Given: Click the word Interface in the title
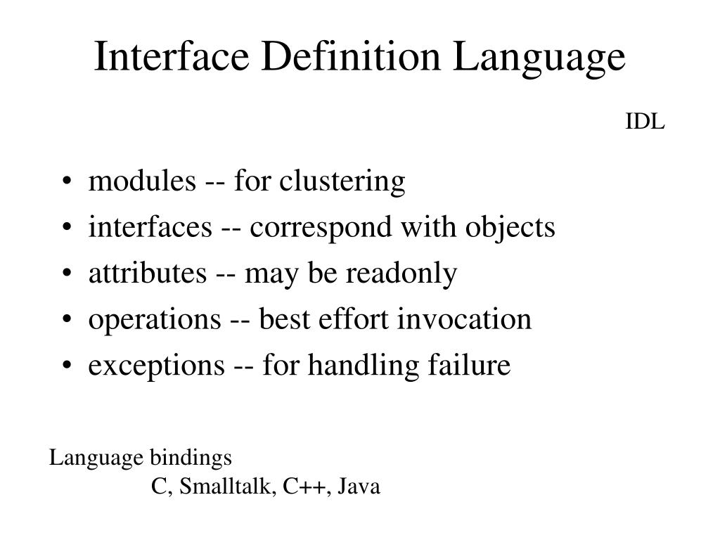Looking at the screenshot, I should pyautogui.click(x=172, y=58).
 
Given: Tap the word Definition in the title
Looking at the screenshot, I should pyautogui.click(x=352, y=58).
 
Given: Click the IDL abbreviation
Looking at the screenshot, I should pyautogui.click(x=645, y=122).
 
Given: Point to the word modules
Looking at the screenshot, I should pyautogui.click(x=141, y=181).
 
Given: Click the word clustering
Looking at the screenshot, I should pyautogui.click(x=342, y=182).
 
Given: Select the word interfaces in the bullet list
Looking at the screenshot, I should pyautogui.click(x=150, y=227).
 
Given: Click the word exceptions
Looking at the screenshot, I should pyautogui.click(x=155, y=366).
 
